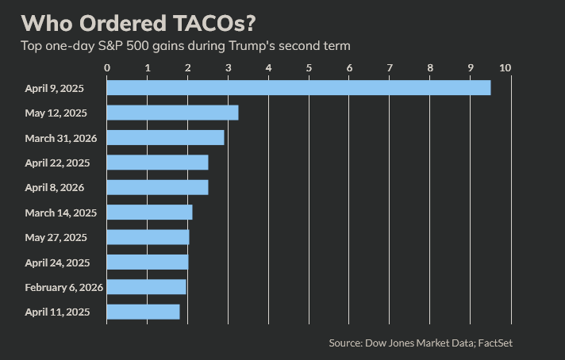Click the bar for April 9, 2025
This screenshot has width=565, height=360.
coord(298,88)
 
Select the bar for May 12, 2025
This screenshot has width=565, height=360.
coord(172,113)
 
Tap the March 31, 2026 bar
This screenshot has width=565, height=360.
coord(165,138)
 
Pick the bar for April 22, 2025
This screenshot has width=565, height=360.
coord(157,163)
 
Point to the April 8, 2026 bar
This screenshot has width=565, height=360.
coord(157,187)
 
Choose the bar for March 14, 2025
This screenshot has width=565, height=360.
coord(149,213)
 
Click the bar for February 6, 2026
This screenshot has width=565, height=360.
coord(146,286)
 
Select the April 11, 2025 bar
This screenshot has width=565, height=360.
coord(143,312)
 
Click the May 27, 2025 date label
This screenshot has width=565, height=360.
coord(56,237)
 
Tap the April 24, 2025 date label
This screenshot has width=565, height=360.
coord(57,262)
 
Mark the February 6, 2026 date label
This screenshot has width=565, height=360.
coord(64,287)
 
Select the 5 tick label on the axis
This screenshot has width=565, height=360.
coord(309,67)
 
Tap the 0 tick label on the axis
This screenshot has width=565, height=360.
coord(107,67)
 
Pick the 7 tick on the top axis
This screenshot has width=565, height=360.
coord(390,67)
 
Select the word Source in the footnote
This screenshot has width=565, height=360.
coord(344,343)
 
